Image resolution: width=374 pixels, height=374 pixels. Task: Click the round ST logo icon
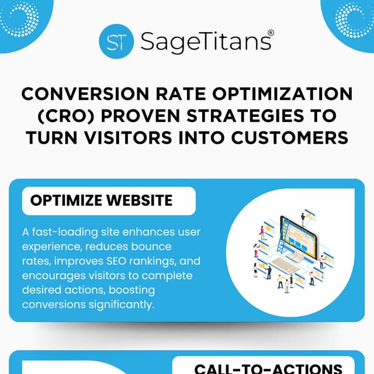tap(117, 41)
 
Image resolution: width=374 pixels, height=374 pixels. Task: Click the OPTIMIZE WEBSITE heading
tap(101, 200)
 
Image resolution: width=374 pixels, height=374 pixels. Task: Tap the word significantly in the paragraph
tap(121, 305)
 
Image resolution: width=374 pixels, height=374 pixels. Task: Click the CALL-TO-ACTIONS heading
tap(268, 369)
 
